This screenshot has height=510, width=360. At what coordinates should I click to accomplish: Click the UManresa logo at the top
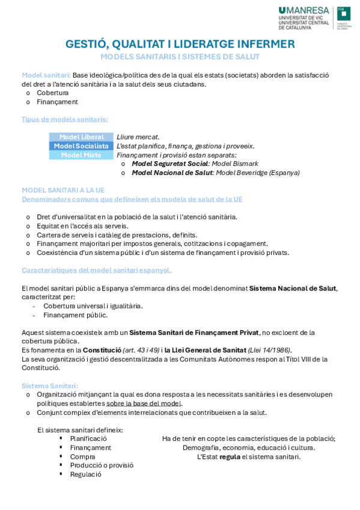coord(304,18)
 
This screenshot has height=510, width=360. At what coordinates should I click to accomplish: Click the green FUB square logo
coord(343,18)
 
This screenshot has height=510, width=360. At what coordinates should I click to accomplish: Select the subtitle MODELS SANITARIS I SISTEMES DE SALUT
coord(180,57)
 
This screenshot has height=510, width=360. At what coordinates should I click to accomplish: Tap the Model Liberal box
coord(81,137)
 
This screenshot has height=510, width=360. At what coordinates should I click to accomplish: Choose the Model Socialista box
coord(81,146)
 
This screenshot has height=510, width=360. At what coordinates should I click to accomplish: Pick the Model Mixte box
coord(81,155)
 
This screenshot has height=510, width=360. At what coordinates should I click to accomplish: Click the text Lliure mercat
coord(138,137)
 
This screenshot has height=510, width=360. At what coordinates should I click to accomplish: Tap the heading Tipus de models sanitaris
coord(65,119)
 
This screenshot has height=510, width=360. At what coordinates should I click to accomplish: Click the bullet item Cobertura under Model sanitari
coord(52,93)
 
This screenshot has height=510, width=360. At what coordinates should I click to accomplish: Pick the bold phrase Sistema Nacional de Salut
coord(293,288)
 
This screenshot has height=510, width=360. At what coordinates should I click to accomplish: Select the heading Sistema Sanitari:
coord(50,386)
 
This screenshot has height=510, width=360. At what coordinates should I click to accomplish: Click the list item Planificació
coord(88,438)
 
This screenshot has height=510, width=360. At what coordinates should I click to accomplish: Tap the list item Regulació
coord(85,474)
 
